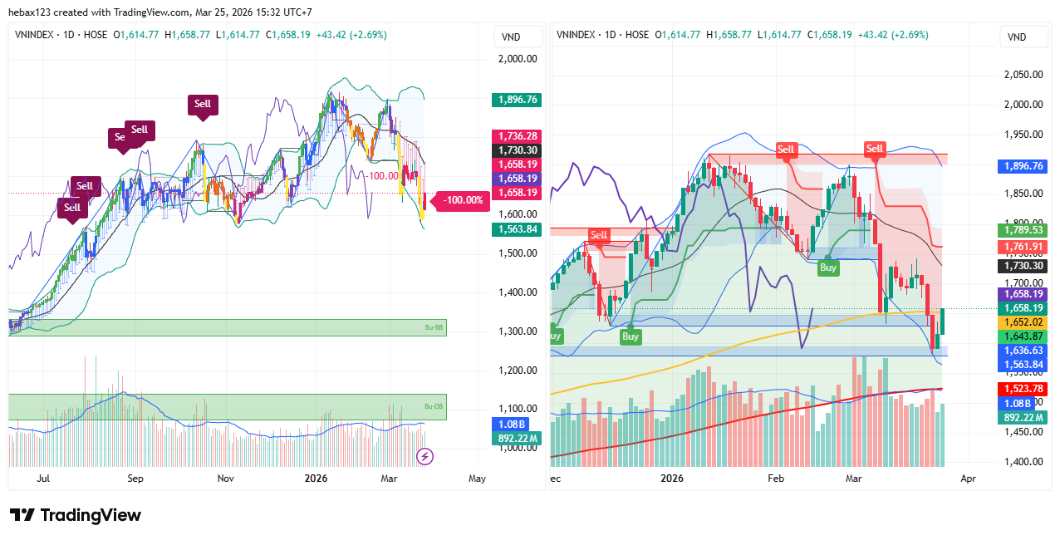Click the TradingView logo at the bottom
point(76,515)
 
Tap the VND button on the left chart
point(512,37)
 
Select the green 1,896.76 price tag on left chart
point(516,100)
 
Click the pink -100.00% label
point(463,200)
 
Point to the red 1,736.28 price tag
point(516,136)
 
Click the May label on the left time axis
point(477,479)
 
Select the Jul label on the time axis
point(44,479)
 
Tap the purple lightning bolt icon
point(424,455)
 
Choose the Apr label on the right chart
point(968,479)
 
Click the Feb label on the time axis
point(776,479)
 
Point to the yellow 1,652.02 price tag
point(1021,322)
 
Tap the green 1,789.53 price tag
point(1021,230)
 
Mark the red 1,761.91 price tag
point(1021,247)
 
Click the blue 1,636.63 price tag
point(1021,351)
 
